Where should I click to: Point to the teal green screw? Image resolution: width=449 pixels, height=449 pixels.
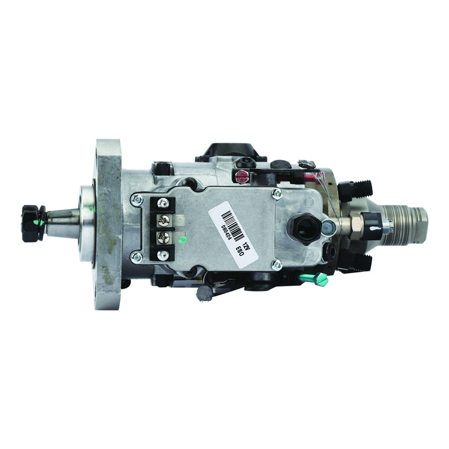coord(320,278)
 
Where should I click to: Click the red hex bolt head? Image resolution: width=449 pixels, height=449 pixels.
coord(242,177)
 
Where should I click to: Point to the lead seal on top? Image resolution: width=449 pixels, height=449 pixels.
coord(307,164)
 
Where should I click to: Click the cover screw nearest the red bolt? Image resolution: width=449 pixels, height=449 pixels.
coord(277,193)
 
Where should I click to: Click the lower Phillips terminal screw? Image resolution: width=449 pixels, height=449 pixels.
coord(164,238)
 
